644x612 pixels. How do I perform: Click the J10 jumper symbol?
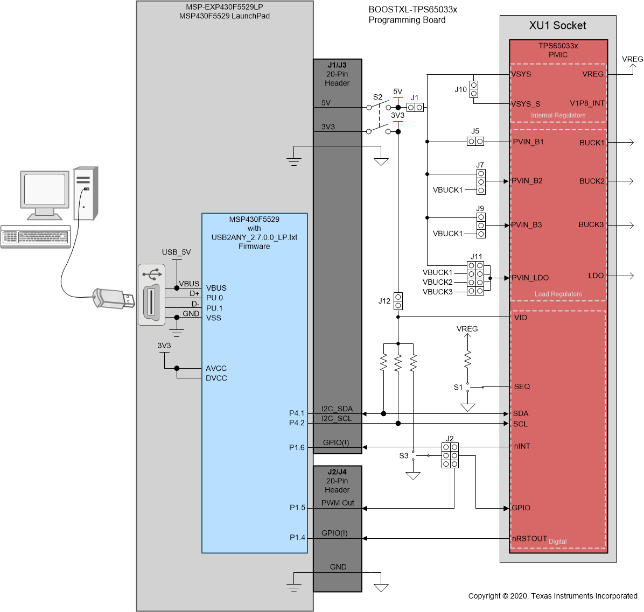pos(473,89)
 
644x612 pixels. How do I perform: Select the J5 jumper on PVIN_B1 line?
pos(475,142)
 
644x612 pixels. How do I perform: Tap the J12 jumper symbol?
pos(398,301)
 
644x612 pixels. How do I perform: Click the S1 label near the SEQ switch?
pos(458,387)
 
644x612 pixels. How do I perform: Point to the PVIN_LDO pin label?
pos(530,278)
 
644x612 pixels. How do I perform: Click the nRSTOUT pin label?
pos(529,538)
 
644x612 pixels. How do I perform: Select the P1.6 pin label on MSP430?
pos(297,447)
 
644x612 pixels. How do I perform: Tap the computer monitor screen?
pos(45,189)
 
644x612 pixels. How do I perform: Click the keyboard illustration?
pos(36,236)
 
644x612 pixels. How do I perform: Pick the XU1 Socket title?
pos(557,25)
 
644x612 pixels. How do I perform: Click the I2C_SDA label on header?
pos(337,409)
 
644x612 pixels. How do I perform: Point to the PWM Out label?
pos(338,503)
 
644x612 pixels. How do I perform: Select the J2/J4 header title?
pos(337,472)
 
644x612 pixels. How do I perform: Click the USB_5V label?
pos(176,252)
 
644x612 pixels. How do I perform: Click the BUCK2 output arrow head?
pos(631,181)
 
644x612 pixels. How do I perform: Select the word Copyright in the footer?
pos(484,596)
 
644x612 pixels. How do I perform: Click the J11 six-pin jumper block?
pos(475,278)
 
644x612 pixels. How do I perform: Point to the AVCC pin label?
pos(216,368)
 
